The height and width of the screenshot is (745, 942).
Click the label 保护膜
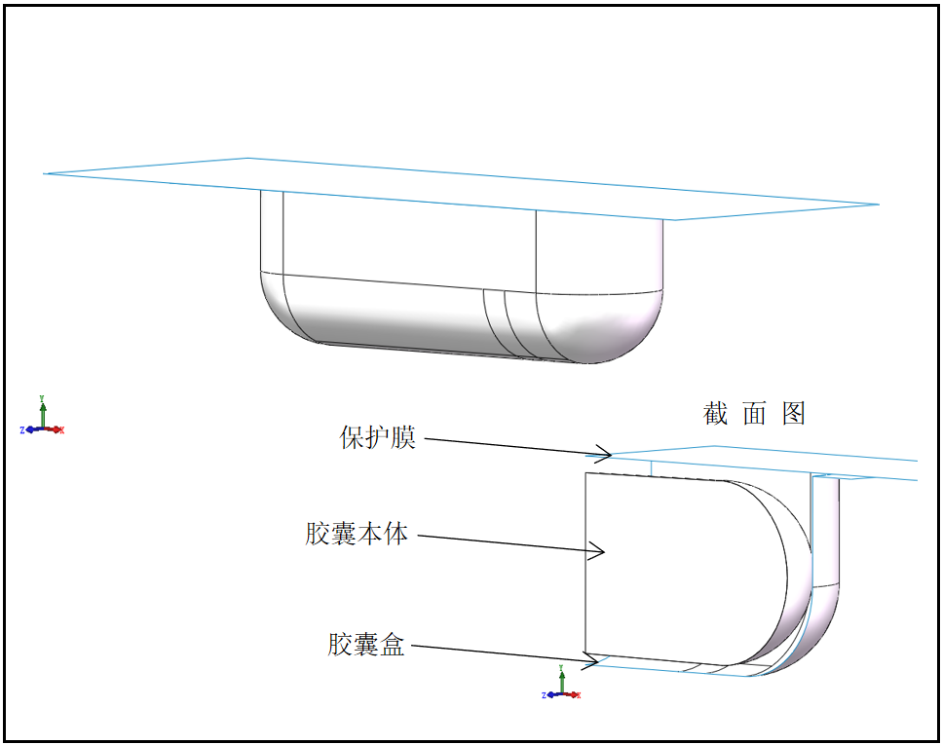coord(378,438)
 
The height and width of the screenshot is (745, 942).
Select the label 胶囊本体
coord(357,534)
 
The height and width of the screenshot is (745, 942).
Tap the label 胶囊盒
coord(366,644)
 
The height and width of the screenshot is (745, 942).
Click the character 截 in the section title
coord(716,414)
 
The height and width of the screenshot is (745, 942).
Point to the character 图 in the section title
coord(794,414)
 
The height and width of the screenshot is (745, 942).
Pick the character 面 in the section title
coord(755,414)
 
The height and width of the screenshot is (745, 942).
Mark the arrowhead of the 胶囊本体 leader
coord(603,552)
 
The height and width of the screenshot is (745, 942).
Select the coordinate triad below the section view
coord(562,686)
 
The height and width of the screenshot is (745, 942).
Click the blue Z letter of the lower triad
coord(543,695)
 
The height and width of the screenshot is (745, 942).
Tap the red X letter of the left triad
coord(61,430)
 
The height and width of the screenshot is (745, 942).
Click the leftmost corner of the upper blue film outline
coord(45,173)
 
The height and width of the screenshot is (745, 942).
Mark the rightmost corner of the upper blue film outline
coord(879,205)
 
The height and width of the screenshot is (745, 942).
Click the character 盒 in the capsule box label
coord(393,644)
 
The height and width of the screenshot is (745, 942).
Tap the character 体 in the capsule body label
coord(396,534)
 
